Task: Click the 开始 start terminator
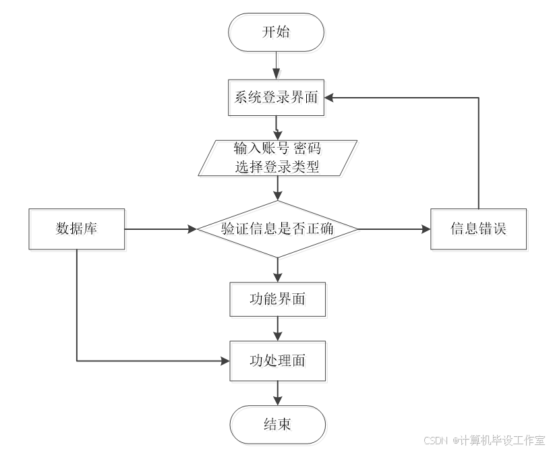coord(278,34)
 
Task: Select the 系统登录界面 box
coord(278,99)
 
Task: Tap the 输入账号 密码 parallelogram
coord(279,158)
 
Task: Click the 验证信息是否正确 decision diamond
coord(279,230)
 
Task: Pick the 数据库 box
coord(78,230)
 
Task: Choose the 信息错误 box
coord(479,230)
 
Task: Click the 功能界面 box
coord(279,300)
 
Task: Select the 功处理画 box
coord(279,362)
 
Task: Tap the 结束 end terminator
coord(279,426)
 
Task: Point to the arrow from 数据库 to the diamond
coord(162,230)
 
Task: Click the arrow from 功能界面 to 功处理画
coord(277,330)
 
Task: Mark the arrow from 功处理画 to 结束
coord(277,394)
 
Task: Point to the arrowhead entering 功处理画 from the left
coord(225,361)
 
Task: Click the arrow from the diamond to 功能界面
coord(277,270)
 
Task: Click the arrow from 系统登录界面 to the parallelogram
coord(277,127)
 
